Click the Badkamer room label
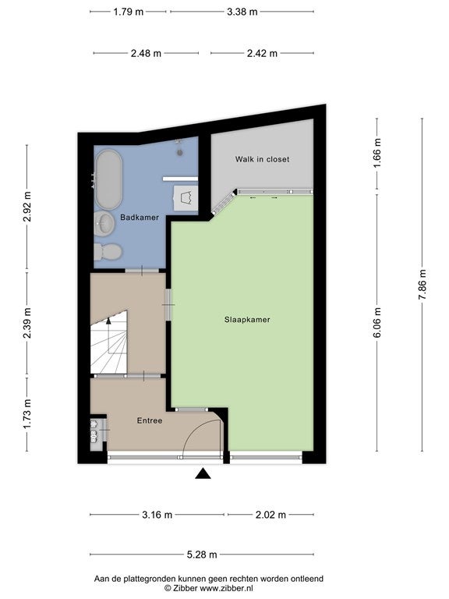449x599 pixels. (x=140, y=218)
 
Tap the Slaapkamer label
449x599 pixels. (x=247, y=320)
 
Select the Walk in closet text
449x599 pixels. (x=262, y=159)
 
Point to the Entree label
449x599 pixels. (x=150, y=420)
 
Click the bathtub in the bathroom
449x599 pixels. (x=109, y=179)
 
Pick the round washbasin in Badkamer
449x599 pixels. (x=104, y=224)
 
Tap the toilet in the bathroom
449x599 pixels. (x=108, y=252)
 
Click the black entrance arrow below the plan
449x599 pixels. (x=203, y=473)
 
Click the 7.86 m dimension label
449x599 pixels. (x=422, y=285)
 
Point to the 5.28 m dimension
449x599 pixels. (x=202, y=555)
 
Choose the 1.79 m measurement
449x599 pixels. (x=129, y=12)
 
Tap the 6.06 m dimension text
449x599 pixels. (x=377, y=323)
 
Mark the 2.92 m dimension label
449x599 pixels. (x=27, y=207)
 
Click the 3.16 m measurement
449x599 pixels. (x=157, y=515)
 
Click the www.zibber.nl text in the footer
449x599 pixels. (x=226, y=589)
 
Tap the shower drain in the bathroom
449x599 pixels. (x=179, y=152)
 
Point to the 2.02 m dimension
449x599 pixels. (x=270, y=515)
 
